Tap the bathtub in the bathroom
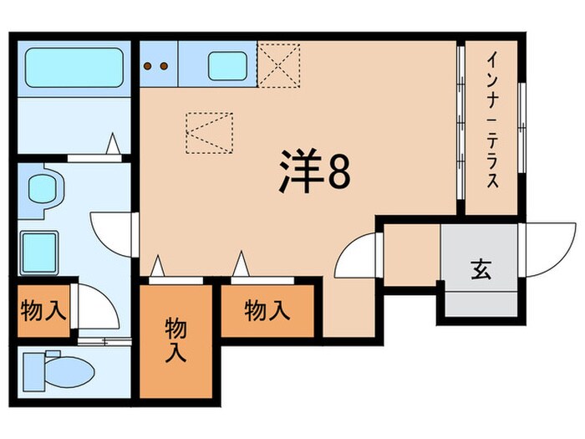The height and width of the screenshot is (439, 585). (74, 68)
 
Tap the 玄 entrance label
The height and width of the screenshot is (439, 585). (480, 269)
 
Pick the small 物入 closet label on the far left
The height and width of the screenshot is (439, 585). (43, 311)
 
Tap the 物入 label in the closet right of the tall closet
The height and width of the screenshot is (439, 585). (267, 311)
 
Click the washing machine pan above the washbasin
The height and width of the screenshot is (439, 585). (42, 187)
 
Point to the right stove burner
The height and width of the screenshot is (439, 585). (165, 65)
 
